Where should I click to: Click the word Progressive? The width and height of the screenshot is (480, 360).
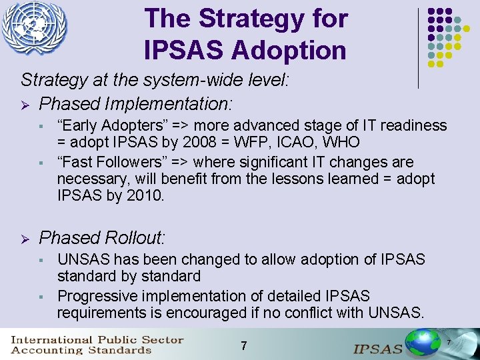point(97,296)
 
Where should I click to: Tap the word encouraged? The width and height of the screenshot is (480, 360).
point(225,313)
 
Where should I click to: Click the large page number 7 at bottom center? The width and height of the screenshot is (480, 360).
point(244,346)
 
